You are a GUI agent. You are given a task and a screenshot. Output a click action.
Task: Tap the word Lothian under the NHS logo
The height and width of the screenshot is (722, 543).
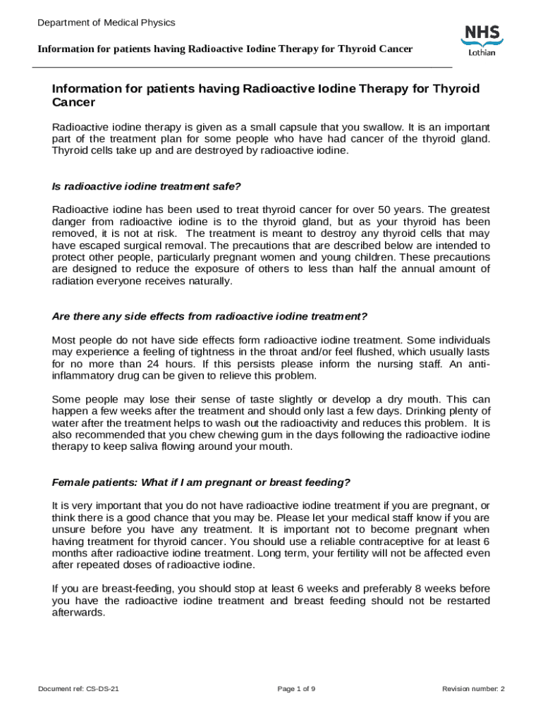click(x=482, y=53)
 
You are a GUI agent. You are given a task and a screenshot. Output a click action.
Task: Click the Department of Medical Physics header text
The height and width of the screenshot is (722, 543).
click(x=106, y=23)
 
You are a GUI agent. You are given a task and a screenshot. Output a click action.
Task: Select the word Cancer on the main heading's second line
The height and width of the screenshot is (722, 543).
click(x=74, y=102)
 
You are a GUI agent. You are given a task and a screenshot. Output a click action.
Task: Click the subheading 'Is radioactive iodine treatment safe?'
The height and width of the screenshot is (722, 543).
click(x=147, y=186)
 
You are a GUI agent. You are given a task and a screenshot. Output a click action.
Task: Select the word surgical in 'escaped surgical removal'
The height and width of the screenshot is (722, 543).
click(x=141, y=246)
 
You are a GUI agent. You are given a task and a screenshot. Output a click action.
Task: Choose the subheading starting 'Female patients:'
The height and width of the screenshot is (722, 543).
click(x=201, y=482)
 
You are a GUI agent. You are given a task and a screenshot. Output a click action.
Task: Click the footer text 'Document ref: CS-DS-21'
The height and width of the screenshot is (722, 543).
click(x=78, y=689)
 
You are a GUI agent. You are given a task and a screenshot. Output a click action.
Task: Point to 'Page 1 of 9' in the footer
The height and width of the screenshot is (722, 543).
click(x=296, y=689)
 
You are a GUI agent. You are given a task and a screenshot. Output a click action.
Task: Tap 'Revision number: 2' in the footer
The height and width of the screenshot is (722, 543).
click(x=472, y=689)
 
